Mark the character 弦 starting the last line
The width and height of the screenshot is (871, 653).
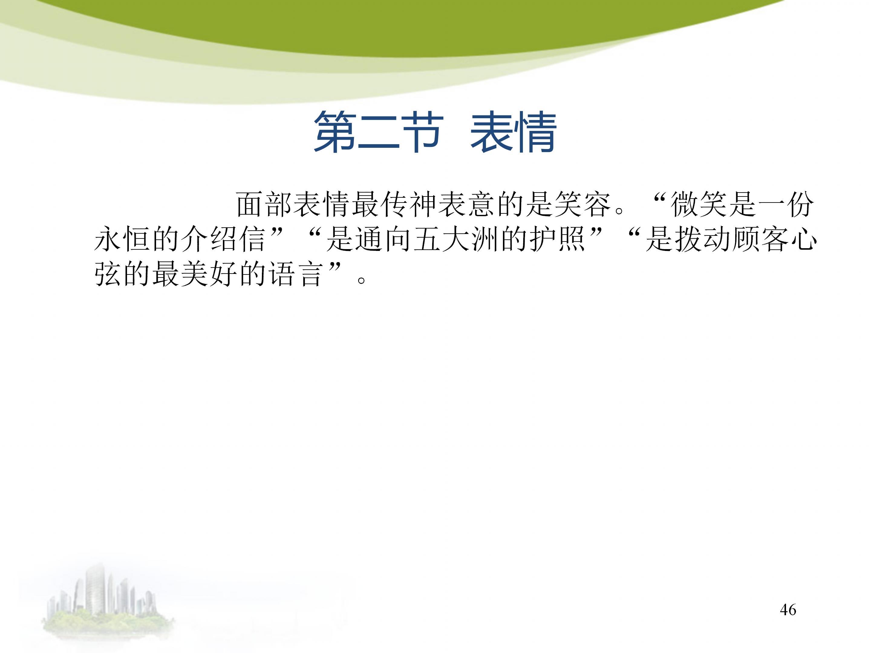[x=108, y=274]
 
